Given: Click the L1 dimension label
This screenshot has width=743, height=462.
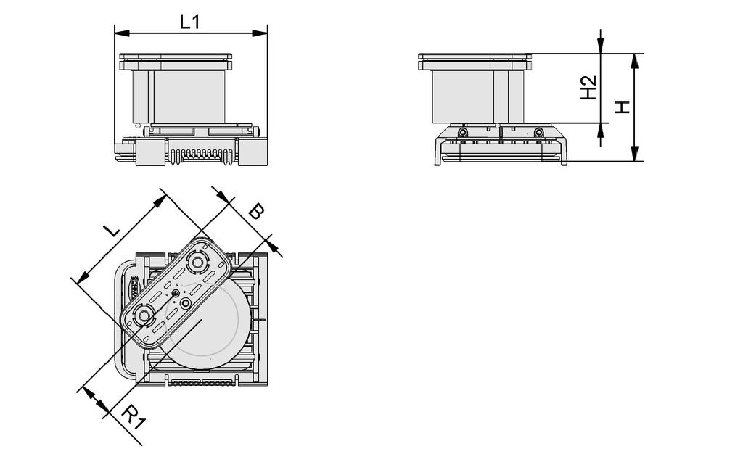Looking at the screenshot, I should (190, 22).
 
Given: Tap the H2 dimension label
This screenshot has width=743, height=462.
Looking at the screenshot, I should (589, 88).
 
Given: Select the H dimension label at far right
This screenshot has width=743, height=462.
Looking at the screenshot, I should (622, 107).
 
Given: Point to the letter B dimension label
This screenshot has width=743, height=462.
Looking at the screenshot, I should (255, 212).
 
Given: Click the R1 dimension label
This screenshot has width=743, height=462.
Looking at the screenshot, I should (131, 416).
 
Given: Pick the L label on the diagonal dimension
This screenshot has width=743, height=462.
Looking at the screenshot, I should (110, 231).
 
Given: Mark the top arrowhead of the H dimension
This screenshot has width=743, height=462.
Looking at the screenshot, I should (634, 60).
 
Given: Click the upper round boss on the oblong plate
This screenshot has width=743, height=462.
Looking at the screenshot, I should (197, 262).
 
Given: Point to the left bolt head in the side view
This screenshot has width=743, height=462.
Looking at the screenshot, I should (462, 132).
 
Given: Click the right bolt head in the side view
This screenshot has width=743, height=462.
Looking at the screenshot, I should (538, 132).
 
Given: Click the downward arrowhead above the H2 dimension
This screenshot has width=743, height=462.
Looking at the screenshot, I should (601, 46).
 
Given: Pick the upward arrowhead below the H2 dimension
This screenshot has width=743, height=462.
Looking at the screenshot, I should (601, 130).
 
